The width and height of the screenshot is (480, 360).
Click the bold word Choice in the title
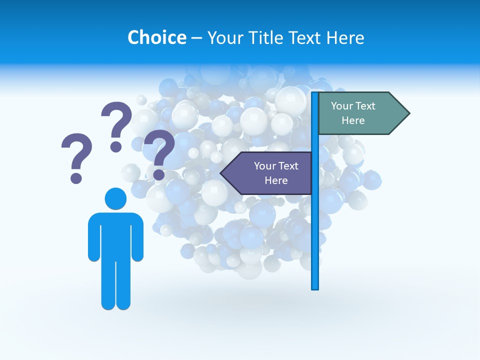(x=156, y=37)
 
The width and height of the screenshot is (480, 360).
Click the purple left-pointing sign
(x=270, y=173)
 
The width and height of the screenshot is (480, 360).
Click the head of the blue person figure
(x=115, y=198)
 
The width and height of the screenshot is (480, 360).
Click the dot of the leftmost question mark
(x=76, y=178)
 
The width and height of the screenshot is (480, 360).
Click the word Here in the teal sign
(x=353, y=120)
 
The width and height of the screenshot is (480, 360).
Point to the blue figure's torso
(x=115, y=235)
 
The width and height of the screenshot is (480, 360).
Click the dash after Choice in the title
(x=196, y=38)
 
